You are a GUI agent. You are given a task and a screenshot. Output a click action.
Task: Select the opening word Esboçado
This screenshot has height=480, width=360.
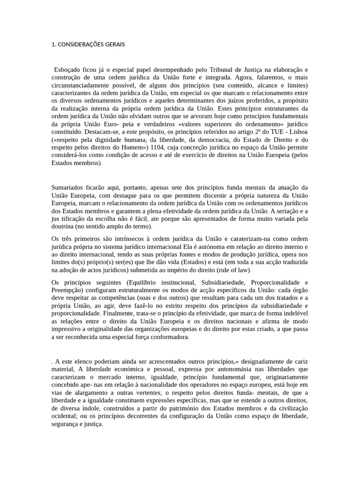click(68, 69)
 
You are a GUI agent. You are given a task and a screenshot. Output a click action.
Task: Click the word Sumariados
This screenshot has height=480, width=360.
click(68, 187)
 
